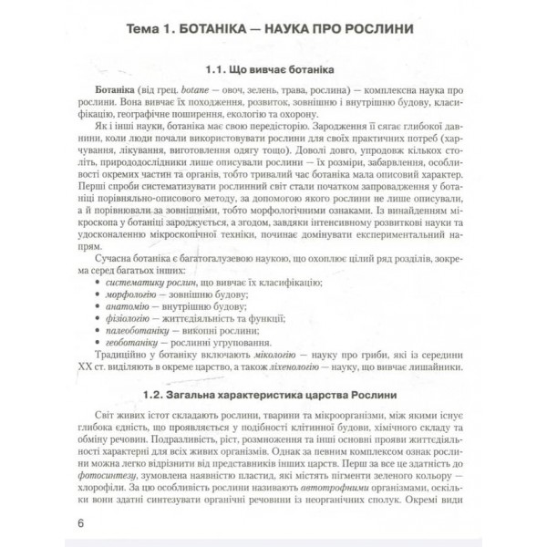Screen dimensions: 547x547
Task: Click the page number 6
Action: pyautogui.click(x=82, y=523)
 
